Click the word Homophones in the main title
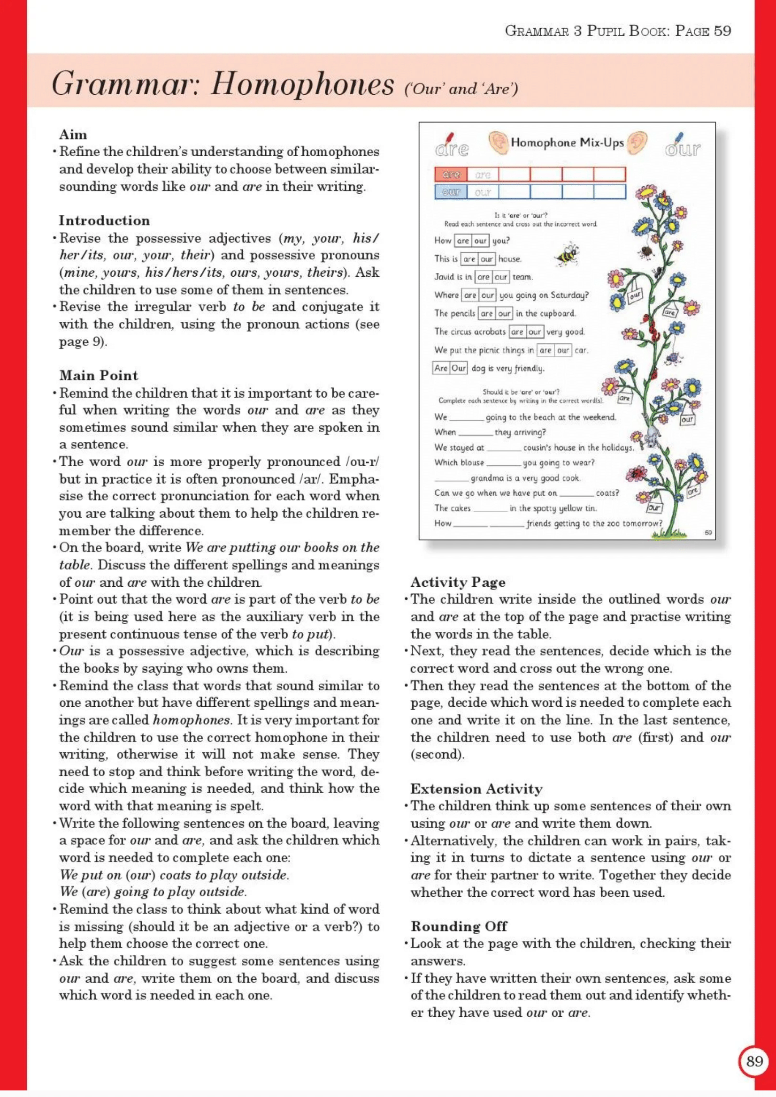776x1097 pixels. point(302,84)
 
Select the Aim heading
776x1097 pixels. point(73,134)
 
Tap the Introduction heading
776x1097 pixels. point(104,220)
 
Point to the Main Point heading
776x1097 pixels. point(99,375)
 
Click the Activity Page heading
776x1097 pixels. point(458,582)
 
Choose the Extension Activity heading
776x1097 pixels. point(476,789)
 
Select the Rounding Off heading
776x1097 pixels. point(459,926)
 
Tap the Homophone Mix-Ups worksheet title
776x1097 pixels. point(567,143)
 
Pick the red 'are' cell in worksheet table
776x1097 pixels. point(450,174)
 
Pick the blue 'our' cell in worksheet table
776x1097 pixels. point(450,192)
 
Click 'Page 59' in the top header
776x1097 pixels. point(703,31)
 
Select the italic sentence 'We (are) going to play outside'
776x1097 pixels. point(153,892)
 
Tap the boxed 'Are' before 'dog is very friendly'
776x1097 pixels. point(441,368)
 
